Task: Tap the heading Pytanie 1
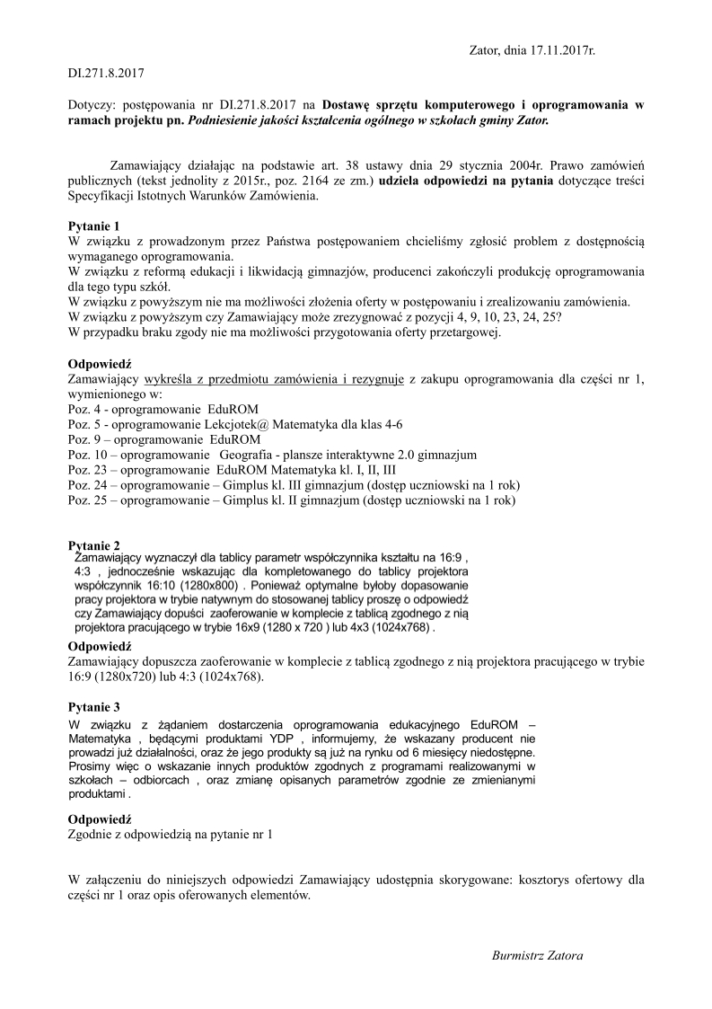point(93,228)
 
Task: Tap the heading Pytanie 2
point(93,545)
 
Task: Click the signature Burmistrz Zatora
point(538,955)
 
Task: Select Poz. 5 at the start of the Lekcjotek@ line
point(84,424)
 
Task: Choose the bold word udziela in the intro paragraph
point(400,181)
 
